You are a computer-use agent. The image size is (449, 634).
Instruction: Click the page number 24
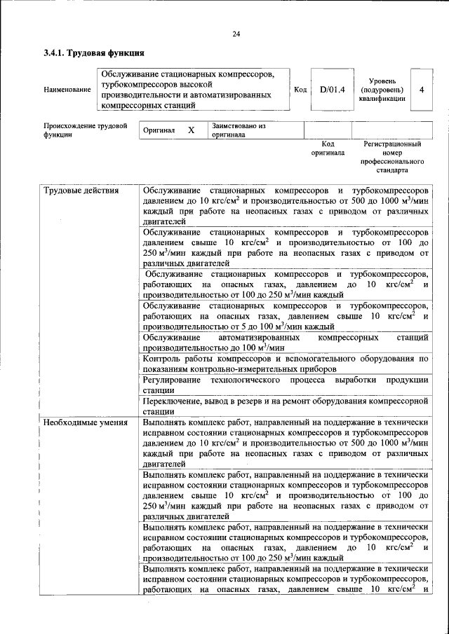point(236,34)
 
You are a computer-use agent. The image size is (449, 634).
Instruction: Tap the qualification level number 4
point(421,89)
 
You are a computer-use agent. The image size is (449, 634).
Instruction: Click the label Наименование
point(67,90)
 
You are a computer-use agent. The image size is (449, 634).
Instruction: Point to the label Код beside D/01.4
point(300,89)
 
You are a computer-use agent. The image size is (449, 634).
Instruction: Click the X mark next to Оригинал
point(190,130)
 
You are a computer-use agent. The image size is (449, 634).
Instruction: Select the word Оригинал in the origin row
point(159,131)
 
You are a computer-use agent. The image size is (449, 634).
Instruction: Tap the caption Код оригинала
point(328,148)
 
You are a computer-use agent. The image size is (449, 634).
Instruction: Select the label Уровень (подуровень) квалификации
point(382,90)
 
